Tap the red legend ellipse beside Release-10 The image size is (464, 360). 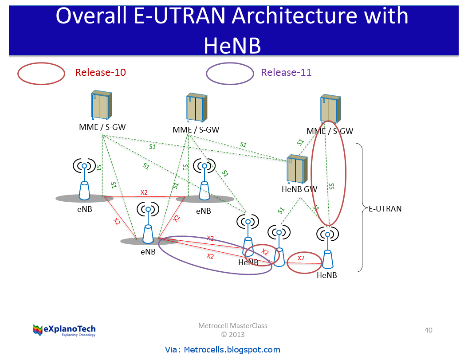pyautogui.click(x=41, y=74)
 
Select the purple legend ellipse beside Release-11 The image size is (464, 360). pyautogui.click(x=230, y=74)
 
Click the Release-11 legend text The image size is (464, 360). pyautogui.click(x=286, y=73)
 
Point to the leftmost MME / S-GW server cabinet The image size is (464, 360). pyautogui.click(x=101, y=106)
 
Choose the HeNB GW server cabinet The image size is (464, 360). pyautogui.click(x=296, y=169)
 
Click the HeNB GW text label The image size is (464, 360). pyautogui.click(x=299, y=189)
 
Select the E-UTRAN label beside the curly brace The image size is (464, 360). pyautogui.click(x=385, y=208)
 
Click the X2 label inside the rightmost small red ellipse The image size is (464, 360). pyautogui.click(x=301, y=258)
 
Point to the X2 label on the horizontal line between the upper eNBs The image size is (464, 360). pyautogui.click(x=144, y=192)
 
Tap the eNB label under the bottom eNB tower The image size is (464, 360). pyautogui.click(x=148, y=252)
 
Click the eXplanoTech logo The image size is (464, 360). pyautogui.click(x=64, y=330)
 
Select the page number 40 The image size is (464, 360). pyautogui.click(x=428, y=330)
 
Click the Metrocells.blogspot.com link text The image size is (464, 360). pyautogui.click(x=223, y=350)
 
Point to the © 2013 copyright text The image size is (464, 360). pyautogui.click(x=232, y=334)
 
